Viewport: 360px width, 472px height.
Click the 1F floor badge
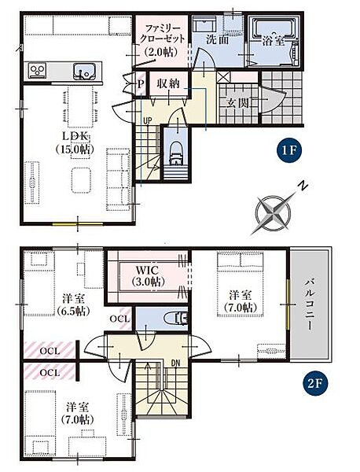(x=289, y=150)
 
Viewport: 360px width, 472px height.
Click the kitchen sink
(x=84, y=72)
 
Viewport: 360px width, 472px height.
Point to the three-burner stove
(x=38, y=71)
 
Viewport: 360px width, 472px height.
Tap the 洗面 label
(x=218, y=40)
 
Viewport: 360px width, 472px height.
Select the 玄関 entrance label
(x=238, y=103)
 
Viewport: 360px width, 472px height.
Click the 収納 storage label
(x=168, y=83)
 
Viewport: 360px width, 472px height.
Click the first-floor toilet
(x=176, y=153)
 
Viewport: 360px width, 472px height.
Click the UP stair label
(x=147, y=120)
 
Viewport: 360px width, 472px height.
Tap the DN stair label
(x=175, y=363)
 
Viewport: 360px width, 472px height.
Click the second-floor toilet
(x=177, y=319)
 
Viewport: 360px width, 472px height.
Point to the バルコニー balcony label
(x=310, y=305)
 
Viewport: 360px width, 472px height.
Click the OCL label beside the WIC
(x=119, y=319)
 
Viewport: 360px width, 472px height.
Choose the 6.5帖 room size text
(x=73, y=311)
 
